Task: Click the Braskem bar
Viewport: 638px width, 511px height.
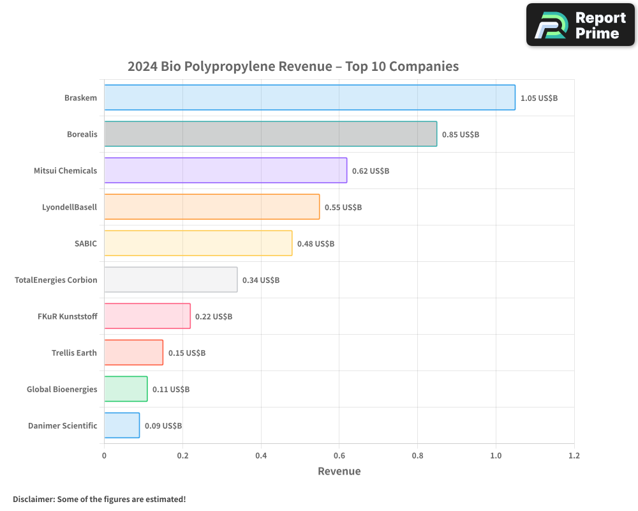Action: click(309, 98)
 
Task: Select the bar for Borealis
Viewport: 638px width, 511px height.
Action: click(271, 134)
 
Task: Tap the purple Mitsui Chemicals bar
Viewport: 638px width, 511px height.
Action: click(225, 171)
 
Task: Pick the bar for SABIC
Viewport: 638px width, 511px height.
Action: click(198, 243)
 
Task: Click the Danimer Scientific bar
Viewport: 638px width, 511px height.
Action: click(122, 425)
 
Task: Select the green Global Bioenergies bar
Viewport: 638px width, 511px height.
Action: click(126, 389)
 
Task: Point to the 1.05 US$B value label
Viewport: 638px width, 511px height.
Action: click(539, 98)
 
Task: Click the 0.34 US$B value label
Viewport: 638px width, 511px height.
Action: click(261, 280)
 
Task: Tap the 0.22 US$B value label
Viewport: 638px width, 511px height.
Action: click(214, 317)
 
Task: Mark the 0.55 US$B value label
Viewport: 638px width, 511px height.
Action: click(343, 208)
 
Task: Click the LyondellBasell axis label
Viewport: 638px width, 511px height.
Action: click(70, 207)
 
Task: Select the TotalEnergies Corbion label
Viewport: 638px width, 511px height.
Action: click(56, 280)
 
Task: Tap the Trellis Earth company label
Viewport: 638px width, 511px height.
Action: click(74, 353)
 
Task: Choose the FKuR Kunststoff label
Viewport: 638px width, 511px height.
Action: click(68, 316)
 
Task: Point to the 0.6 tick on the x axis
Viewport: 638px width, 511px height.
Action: click(339, 456)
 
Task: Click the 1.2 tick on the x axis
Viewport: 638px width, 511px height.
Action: click(574, 456)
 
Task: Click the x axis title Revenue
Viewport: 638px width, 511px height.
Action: click(339, 471)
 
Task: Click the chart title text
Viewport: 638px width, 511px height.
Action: click(293, 66)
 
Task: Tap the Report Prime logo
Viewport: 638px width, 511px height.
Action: click(580, 25)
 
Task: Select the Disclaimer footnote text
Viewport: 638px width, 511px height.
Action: click(100, 499)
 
